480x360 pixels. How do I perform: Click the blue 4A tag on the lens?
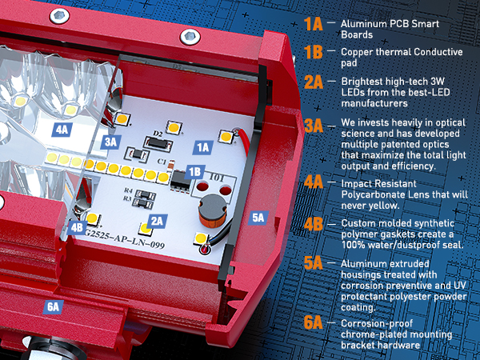click(62, 130)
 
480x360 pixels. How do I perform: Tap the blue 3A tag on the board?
click(111, 142)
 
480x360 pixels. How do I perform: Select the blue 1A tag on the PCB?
click(203, 147)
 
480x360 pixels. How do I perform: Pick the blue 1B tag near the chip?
click(194, 172)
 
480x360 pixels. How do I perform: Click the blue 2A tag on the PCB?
click(157, 222)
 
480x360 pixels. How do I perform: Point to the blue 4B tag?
click(77, 227)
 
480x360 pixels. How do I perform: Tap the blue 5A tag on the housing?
click(258, 218)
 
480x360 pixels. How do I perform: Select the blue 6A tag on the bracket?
click(54, 306)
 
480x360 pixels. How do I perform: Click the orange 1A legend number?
click(314, 24)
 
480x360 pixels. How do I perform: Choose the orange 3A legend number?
click(314, 126)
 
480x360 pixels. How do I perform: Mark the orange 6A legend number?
click(314, 322)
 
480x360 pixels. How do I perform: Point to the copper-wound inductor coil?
click(213, 211)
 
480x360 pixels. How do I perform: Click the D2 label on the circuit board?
click(158, 134)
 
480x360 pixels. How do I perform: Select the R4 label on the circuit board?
click(128, 190)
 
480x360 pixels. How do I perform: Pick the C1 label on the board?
click(162, 161)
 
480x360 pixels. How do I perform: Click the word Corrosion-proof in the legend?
click(377, 323)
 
